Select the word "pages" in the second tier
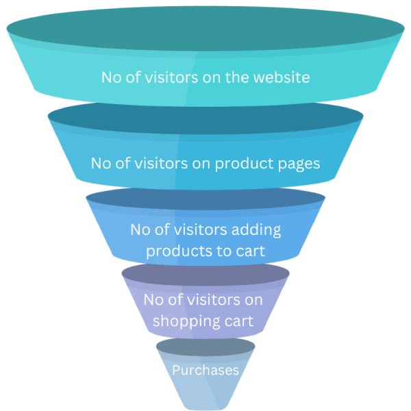pyautogui.click(x=296, y=164)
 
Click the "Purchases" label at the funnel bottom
pyautogui.click(x=206, y=371)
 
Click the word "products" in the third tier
pyautogui.click(x=181, y=251)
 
